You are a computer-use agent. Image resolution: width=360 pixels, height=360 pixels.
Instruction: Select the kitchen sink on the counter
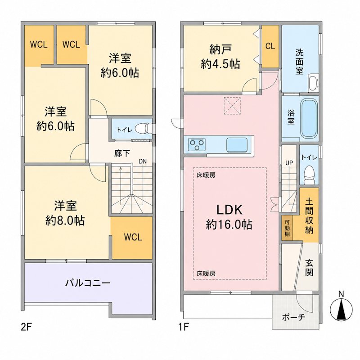[237, 144]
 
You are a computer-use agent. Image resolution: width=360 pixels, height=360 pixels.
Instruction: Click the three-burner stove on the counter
[197, 144]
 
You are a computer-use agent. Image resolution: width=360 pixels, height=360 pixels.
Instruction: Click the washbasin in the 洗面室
[313, 83]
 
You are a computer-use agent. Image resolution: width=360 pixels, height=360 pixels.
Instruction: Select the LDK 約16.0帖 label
[229, 217]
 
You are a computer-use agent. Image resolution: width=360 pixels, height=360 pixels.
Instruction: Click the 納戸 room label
[220, 49]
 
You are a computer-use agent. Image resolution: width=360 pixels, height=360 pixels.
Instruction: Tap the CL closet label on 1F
[270, 46]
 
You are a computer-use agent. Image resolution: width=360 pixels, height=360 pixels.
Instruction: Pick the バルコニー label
[88, 283]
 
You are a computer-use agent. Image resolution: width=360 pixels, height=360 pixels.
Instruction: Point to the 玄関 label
[309, 267]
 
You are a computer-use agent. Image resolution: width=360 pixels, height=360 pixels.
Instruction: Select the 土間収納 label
[309, 216]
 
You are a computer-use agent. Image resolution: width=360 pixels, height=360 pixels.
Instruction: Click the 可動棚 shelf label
[287, 228]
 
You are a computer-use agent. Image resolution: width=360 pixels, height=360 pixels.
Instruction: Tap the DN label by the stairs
[143, 162]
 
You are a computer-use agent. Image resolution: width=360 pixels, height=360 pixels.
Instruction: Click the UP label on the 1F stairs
[289, 163]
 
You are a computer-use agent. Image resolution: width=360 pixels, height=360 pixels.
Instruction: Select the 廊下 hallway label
[122, 153]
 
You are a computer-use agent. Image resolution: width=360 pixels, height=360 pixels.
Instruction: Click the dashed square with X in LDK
[232, 106]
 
